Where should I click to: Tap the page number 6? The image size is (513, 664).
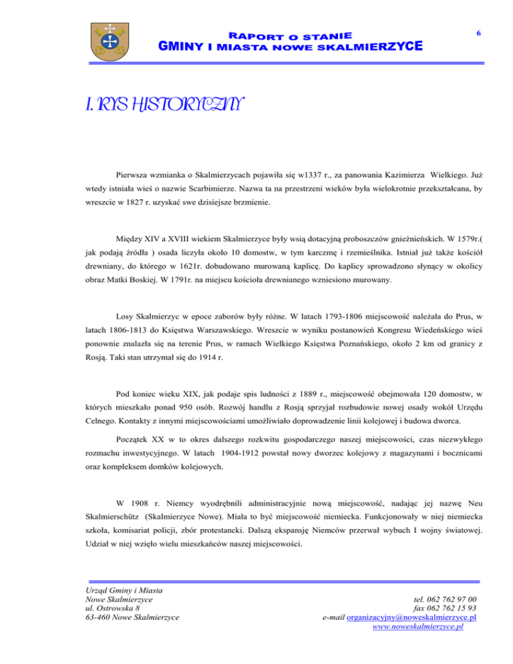[478, 31]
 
